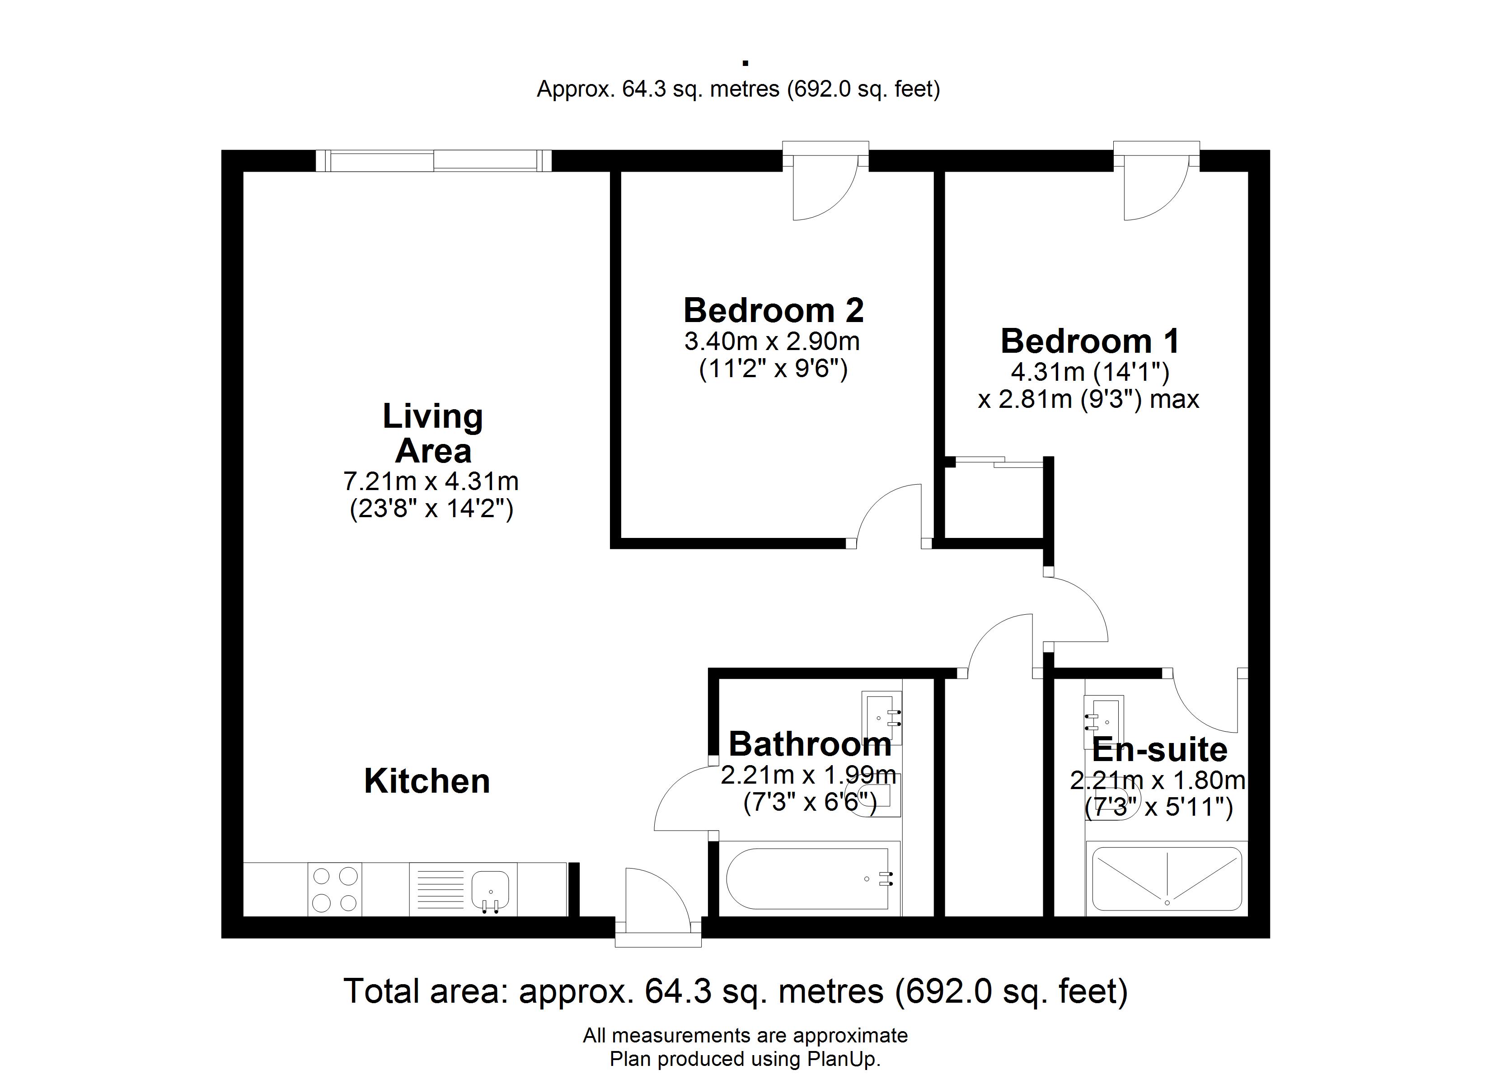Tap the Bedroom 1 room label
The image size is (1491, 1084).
pos(1089,341)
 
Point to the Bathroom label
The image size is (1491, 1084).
pos(810,744)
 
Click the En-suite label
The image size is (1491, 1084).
pos(1160,749)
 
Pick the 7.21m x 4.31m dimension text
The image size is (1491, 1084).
pos(431,482)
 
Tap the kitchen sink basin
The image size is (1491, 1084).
pos(490,890)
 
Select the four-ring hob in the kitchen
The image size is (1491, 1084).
pos(335,889)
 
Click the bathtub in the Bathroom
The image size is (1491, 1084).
pos(809,879)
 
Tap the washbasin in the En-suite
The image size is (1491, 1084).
pos(1104,722)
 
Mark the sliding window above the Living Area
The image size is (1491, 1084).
pos(434,161)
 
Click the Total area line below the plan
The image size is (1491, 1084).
pos(736,991)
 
